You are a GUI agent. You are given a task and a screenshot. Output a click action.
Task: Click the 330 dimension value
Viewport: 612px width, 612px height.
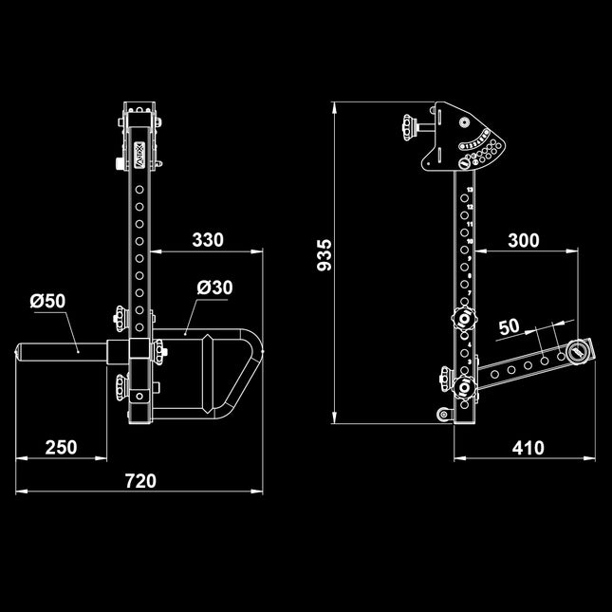(208, 240)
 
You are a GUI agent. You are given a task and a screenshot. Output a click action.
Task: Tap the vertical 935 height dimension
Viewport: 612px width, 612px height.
(325, 256)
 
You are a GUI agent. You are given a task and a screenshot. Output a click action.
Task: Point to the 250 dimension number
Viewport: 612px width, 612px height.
(62, 448)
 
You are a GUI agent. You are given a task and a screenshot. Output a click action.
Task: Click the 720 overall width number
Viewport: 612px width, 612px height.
(139, 481)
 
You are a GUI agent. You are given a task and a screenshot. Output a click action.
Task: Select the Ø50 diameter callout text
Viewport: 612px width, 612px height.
(47, 302)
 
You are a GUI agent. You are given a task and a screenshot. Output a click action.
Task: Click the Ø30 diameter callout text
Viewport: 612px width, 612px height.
(215, 287)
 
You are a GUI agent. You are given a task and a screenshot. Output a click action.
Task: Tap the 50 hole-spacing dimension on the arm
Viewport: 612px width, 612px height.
(509, 325)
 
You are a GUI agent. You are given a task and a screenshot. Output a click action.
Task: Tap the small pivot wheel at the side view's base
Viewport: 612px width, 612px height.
(442, 414)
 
